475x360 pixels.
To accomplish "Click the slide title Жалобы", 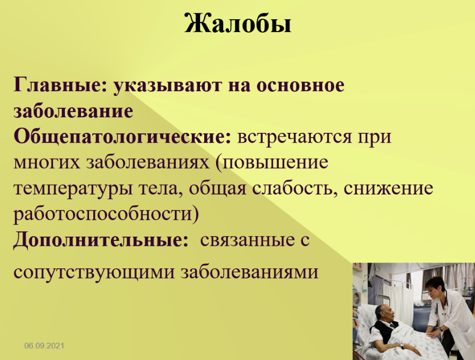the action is click(x=238, y=24).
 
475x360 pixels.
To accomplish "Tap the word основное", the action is click(x=301, y=85).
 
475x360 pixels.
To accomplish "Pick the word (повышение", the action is click(x=272, y=163).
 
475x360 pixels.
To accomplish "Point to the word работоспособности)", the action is click(x=106, y=214).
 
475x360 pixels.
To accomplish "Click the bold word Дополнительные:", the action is click(x=101, y=241).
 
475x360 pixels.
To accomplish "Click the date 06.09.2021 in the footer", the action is click(x=44, y=346).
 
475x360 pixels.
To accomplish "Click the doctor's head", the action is click(x=434, y=288).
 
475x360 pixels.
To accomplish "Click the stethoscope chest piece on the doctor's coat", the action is click(x=437, y=312).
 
